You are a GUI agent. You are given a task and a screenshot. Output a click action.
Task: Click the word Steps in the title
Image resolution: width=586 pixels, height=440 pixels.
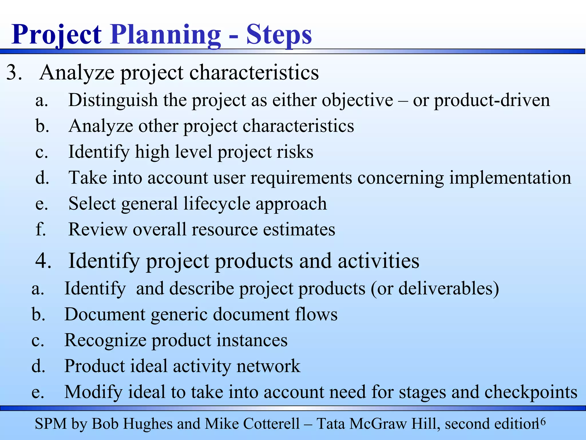click(279, 35)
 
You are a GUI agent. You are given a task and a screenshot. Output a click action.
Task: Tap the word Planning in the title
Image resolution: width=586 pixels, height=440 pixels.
click(165, 35)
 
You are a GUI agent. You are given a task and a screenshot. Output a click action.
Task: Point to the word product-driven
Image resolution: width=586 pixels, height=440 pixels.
click(492, 100)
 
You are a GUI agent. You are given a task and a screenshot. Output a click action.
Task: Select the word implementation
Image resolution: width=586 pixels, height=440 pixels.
click(510, 178)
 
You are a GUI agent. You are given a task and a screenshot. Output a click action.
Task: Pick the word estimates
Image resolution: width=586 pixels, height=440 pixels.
click(299, 229)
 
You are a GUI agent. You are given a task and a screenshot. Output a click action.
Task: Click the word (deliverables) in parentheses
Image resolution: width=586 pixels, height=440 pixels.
click(449, 288)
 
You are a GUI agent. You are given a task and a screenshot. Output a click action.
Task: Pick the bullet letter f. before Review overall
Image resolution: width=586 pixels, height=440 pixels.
click(40, 229)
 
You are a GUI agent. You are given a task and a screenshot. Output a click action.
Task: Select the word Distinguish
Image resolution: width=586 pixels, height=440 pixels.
click(113, 100)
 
